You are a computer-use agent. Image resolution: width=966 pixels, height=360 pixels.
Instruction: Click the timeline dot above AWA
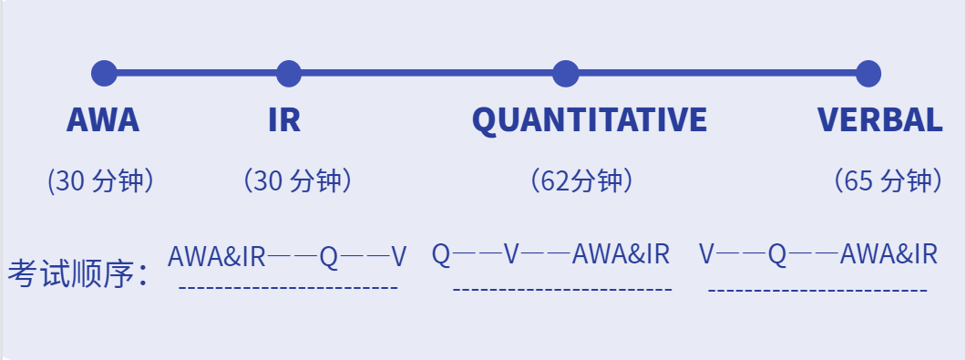tap(105, 73)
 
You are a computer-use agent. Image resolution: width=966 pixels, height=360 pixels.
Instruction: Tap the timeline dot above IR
tap(288, 73)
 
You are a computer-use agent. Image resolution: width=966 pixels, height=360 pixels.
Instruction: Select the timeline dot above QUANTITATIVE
tap(566, 73)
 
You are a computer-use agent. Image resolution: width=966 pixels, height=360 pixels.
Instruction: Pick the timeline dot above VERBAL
tap(868, 73)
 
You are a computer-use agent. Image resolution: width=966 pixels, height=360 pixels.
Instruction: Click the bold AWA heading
tap(103, 120)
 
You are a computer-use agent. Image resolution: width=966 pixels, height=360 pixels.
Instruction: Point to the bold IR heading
tap(284, 120)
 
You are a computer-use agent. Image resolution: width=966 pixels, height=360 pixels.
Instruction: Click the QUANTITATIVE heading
tap(589, 120)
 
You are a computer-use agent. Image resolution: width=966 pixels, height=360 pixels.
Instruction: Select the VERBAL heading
tap(879, 120)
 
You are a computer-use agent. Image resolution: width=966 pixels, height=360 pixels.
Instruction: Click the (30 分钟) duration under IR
tap(297, 181)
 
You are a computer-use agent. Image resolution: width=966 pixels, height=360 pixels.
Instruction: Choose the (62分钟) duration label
tap(581, 181)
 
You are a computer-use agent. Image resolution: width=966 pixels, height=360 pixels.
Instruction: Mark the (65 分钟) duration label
tap(888, 181)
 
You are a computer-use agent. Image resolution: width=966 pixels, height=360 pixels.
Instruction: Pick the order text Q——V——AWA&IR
tap(550, 254)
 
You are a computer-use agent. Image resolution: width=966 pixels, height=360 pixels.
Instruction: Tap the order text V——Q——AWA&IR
tap(817, 254)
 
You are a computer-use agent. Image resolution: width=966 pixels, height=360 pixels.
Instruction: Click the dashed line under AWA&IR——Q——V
tap(288, 288)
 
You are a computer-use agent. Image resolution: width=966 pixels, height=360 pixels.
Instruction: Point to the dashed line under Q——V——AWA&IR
tap(562, 290)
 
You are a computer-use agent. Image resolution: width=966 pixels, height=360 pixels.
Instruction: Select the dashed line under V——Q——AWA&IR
tap(817, 290)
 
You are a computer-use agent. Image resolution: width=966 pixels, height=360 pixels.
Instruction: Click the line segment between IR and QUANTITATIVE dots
tap(426, 73)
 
